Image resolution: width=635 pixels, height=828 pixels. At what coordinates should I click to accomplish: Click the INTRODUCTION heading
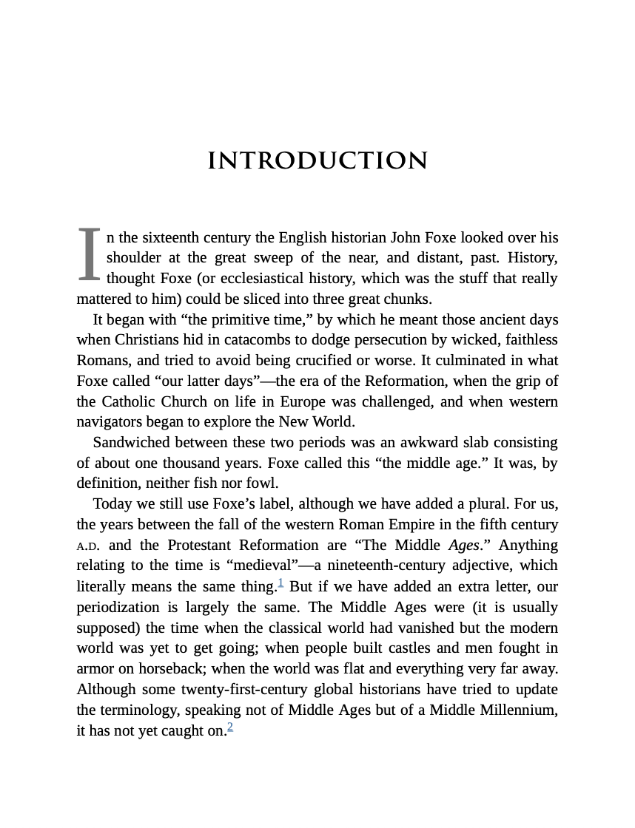pyautogui.click(x=317, y=161)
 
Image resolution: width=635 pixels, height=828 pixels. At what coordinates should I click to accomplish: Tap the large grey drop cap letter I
pyautogui.click(x=89, y=255)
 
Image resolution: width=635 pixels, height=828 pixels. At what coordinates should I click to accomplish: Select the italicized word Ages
pyautogui.click(x=463, y=546)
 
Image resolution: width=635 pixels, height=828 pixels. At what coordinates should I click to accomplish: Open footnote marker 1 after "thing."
pyautogui.click(x=280, y=583)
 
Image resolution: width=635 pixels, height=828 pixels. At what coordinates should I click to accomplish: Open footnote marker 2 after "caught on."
pyautogui.click(x=230, y=727)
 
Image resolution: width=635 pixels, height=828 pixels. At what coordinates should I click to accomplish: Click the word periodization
pyautogui.click(x=118, y=608)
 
